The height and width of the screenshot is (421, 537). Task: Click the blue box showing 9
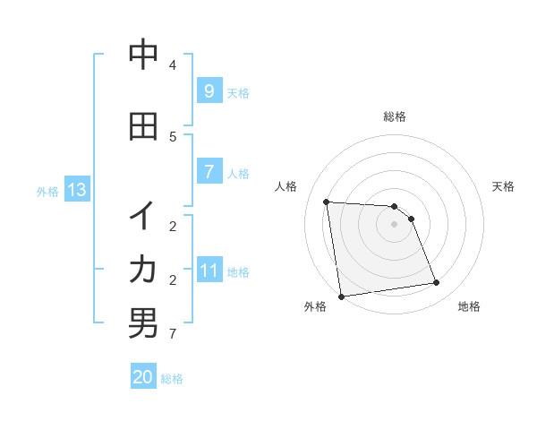point(209,91)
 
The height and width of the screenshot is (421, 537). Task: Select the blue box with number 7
point(209,172)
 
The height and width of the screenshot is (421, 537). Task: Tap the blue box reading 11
point(209,271)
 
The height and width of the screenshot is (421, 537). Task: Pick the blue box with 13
point(76,190)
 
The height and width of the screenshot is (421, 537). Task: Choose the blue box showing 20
point(143,377)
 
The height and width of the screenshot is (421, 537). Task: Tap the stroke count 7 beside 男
point(173,335)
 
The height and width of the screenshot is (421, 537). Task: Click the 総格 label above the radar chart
point(394,116)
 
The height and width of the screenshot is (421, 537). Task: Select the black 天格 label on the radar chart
point(504,186)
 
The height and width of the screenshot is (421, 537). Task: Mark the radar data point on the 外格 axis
point(341,296)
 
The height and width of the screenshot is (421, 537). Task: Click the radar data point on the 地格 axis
point(437,283)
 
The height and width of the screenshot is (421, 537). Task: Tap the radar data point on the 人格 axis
point(326,202)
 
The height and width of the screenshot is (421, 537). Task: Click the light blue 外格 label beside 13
point(47,191)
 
